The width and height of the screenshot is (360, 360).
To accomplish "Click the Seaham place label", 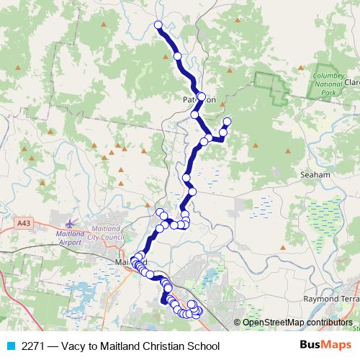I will [x=316, y=174].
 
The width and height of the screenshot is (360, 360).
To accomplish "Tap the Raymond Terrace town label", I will [x=330, y=298].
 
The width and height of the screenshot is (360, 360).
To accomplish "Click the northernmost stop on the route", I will [x=158, y=25].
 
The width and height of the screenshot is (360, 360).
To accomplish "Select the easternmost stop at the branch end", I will [x=228, y=121].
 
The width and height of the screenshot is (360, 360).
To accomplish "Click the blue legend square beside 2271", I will [x=9, y=346].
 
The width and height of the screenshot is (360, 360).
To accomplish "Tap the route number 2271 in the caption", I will [x=32, y=346].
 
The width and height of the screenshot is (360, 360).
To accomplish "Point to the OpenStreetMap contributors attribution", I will [x=297, y=323].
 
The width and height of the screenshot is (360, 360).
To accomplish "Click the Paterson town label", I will [x=199, y=100].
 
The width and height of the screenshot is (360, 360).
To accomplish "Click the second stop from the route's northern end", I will [x=177, y=55].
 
